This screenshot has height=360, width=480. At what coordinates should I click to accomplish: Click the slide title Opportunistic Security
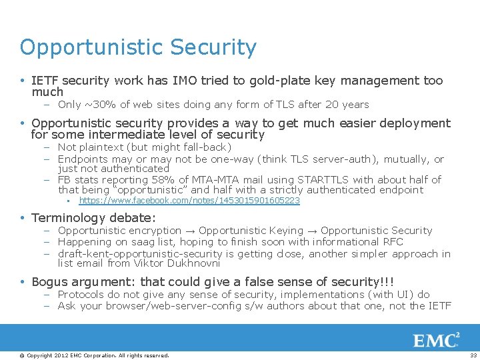click(x=138, y=48)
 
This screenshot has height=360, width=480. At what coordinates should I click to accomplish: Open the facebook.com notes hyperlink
click(x=189, y=201)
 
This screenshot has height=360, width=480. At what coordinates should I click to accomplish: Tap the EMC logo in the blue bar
click(x=436, y=341)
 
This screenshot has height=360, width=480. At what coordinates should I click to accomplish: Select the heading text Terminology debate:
click(x=93, y=218)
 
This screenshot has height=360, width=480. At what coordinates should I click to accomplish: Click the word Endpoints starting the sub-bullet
click(x=83, y=159)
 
